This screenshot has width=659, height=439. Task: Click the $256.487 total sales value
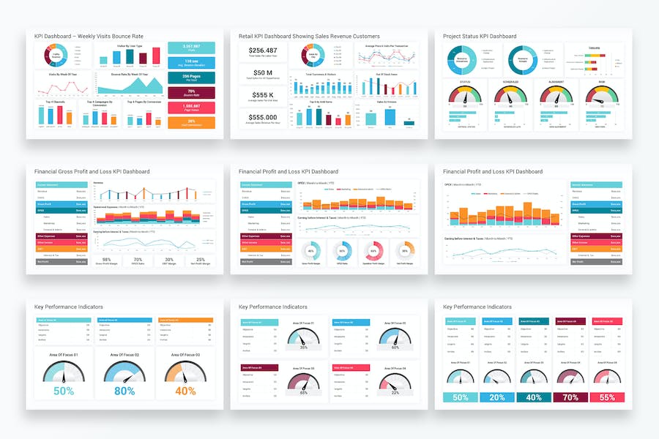point(263,50)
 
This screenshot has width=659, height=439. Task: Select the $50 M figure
point(263,72)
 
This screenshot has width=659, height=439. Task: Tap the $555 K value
point(263,95)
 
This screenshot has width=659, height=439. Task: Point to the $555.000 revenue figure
point(263,117)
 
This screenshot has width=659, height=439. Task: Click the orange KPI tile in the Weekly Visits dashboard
point(191,123)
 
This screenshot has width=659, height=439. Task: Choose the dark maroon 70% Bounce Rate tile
point(191,93)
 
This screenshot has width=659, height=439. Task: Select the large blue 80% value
point(124,391)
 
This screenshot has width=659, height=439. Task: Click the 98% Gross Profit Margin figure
point(107,260)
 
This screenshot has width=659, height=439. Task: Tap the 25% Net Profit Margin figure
point(200,260)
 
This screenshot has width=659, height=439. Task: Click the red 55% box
point(607,397)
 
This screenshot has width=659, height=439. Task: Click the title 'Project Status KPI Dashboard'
point(480,36)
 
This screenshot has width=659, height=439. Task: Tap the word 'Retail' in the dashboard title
point(247,36)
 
